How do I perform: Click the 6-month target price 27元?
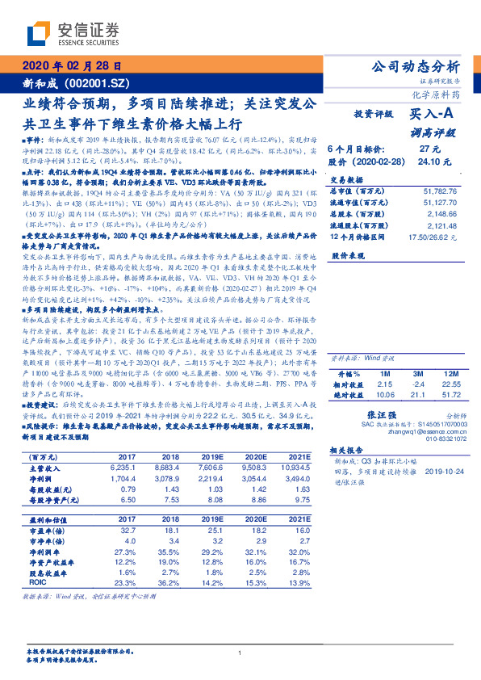pyautogui.click(x=429, y=149)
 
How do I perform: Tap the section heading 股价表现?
pyautogui.click(x=349, y=254)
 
